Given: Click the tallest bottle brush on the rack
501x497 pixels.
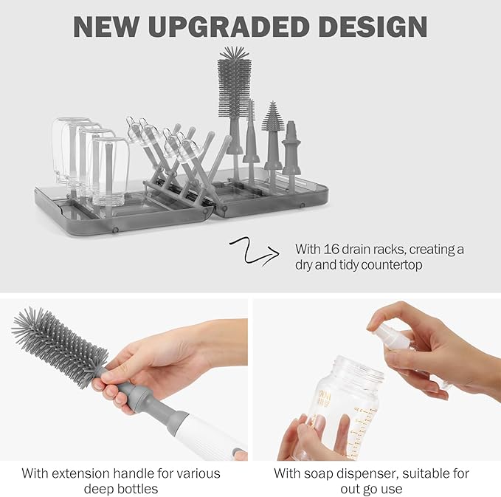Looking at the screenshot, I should [x=234, y=81].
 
